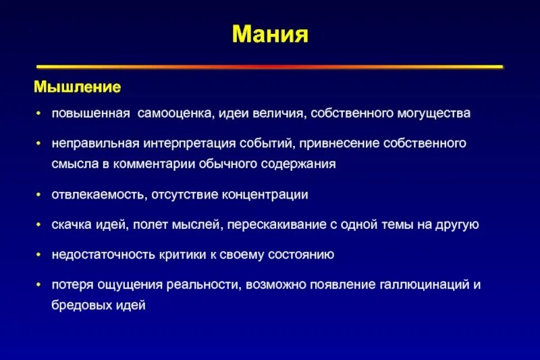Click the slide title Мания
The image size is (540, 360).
point(270,34)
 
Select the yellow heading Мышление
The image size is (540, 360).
point(78,88)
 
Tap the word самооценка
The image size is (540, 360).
point(176,113)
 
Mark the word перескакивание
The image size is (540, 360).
point(306,225)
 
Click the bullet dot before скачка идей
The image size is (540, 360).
point(40,225)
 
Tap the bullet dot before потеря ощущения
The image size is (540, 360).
point(40,285)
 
